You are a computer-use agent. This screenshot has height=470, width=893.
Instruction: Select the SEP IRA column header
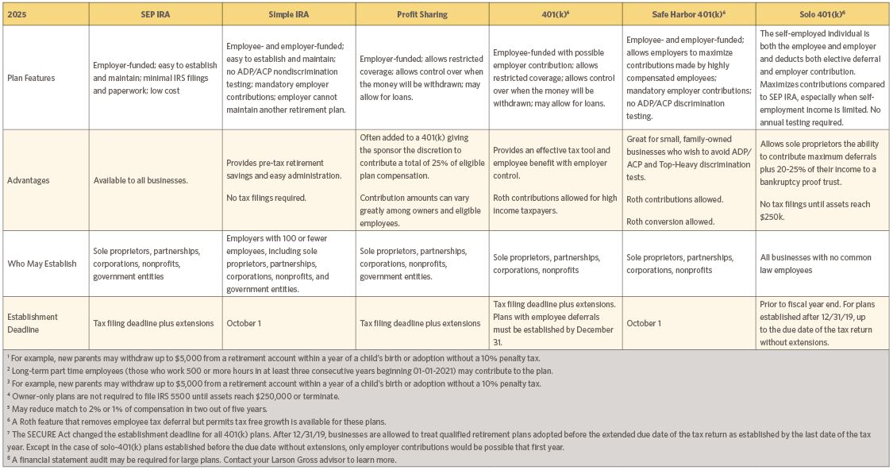(x=154, y=14)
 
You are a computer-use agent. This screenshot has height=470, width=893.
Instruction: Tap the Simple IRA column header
(x=287, y=14)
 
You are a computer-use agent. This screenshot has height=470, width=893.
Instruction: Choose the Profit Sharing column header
(x=421, y=14)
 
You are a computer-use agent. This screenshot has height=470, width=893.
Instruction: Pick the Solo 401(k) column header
(x=822, y=14)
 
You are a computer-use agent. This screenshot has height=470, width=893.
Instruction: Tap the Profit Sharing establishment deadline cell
(x=420, y=323)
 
